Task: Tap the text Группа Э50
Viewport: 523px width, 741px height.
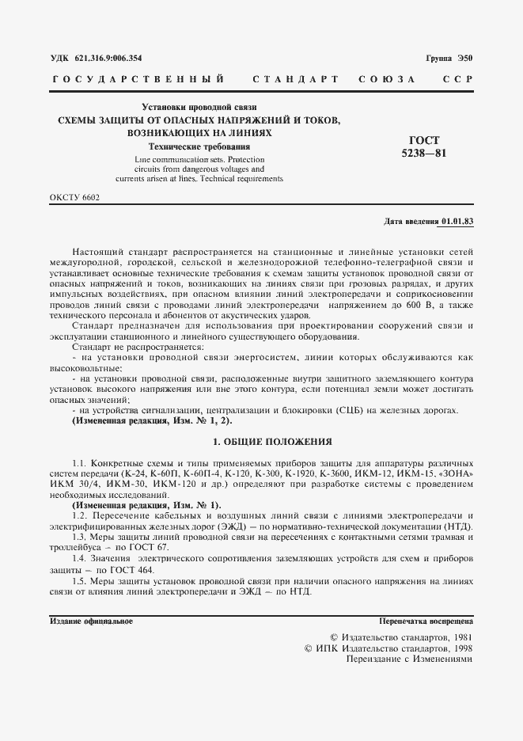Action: pos(449,58)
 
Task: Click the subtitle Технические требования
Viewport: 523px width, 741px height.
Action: pos(199,146)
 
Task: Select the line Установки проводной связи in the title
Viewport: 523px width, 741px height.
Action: pos(199,107)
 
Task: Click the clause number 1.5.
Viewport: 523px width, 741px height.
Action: pos(78,581)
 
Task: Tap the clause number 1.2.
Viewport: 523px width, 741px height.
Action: pos(78,515)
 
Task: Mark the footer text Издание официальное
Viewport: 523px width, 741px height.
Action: pos(90,621)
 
